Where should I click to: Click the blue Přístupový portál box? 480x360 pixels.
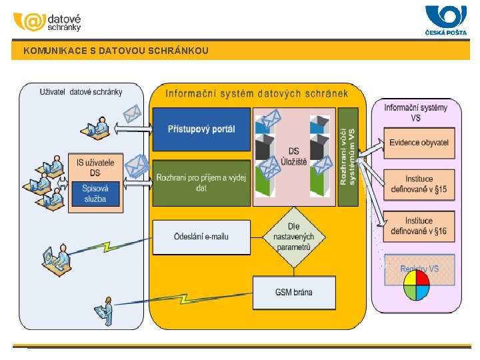[201, 129]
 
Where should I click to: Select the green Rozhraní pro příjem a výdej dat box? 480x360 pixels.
[201, 183]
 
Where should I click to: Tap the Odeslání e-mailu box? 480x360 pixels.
[201, 237]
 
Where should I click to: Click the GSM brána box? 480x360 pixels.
[294, 292]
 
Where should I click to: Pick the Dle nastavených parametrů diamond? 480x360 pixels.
[294, 237]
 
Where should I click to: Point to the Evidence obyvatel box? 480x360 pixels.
[419, 143]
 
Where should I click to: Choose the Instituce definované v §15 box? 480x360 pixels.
[419, 184]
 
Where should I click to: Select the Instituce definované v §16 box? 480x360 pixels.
[419, 226]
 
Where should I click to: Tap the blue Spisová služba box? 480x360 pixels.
[95, 194]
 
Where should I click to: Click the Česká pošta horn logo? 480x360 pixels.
[445, 16]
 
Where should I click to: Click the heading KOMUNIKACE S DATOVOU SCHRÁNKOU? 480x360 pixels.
[116, 51]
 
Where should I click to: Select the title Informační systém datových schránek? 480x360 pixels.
[257, 93]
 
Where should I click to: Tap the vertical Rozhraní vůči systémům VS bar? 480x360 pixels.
[347, 157]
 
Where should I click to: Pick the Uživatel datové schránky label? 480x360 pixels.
[81, 92]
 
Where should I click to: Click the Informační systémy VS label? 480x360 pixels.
[416, 112]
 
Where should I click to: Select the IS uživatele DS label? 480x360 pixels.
[95, 167]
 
